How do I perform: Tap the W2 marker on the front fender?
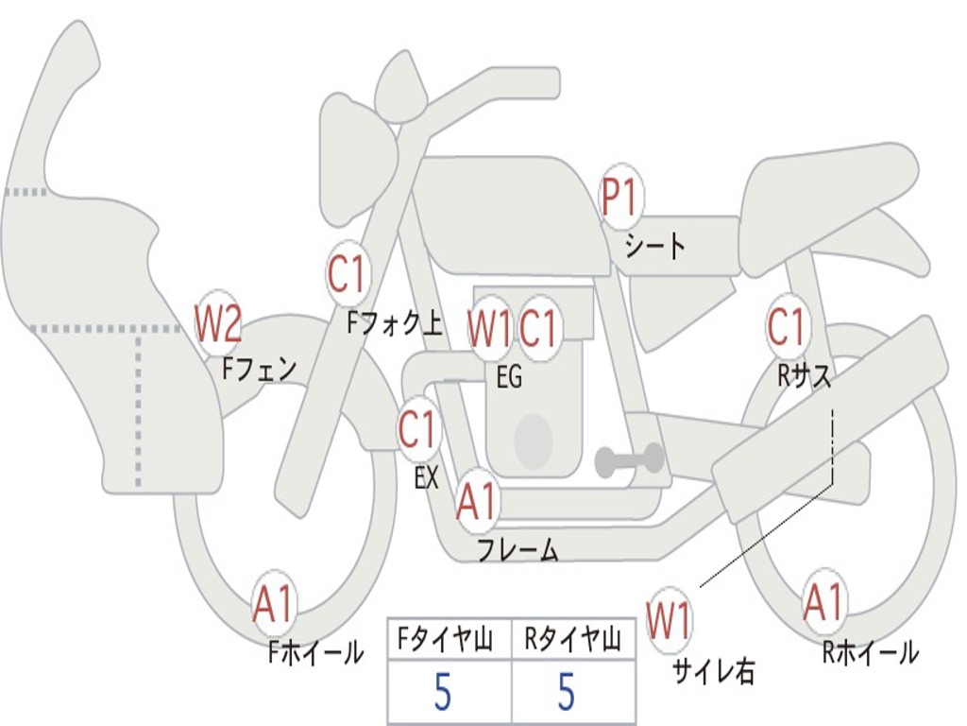coord(218,322)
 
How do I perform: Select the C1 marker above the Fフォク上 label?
coord(348,273)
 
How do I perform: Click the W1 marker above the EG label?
coord(490,328)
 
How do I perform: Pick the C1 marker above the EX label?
coord(418,428)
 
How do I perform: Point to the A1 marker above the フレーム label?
coord(477,501)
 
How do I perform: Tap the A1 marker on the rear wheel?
coord(823,601)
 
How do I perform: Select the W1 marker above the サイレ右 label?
coord(670,619)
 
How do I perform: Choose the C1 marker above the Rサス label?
coord(788,325)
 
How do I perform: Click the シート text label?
coord(655,246)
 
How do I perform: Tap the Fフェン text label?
coord(259,370)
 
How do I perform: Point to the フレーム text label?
coord(518,549)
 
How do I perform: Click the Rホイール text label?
coord(871,652)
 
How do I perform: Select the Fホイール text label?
coord(315,652)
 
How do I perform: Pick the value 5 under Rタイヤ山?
coord(567,691)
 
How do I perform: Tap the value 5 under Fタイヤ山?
coord(443,691)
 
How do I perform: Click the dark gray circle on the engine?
coord(534,441)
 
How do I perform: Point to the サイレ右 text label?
coord(714,671)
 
